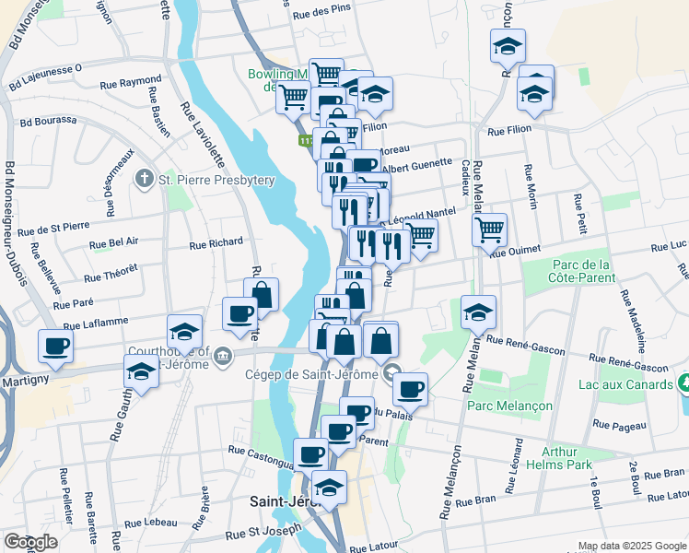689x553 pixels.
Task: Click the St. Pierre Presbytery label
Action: (205, 178)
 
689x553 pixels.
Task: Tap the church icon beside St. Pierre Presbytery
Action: (145, 177)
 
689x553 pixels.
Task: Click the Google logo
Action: (29, 542)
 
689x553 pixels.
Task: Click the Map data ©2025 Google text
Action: (632, 546)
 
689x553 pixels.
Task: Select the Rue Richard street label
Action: (216, 244)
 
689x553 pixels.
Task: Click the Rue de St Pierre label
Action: (53, 226)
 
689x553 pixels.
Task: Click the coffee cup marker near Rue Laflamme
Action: (55, 346)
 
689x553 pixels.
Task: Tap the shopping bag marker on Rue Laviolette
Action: (262, 294)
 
